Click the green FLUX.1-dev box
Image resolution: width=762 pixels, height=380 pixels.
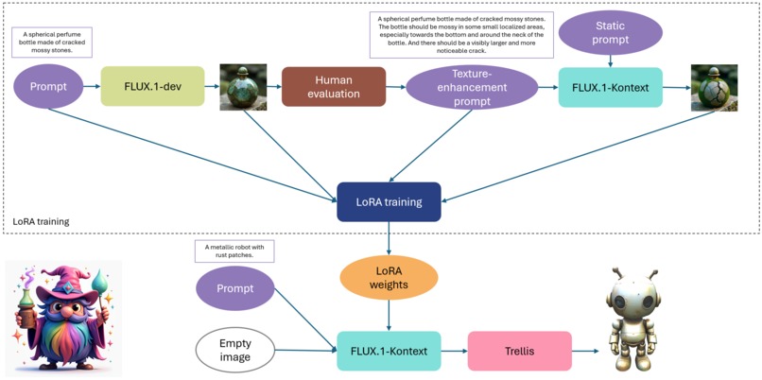coord(152,86)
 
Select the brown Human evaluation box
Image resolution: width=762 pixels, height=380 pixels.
coord(334,86)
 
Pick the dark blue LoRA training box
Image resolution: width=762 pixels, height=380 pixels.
coord(389,202)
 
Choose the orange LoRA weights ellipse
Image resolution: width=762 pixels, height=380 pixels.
coord(389,278)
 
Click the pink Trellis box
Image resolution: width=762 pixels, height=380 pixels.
coord(519,351)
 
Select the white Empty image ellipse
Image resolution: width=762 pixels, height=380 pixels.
coord(235,351)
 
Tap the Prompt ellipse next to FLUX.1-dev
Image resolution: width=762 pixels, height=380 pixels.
coord(48,86)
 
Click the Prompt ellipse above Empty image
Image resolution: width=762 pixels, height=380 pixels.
coord(235,288)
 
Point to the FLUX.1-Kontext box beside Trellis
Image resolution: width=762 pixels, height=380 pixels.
coord(388,351)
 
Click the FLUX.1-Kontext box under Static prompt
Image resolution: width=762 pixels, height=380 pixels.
coord(610,87)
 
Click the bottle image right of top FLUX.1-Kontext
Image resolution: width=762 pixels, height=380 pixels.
coord(715,87)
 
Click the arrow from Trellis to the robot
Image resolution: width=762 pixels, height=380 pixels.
coord(585,351)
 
